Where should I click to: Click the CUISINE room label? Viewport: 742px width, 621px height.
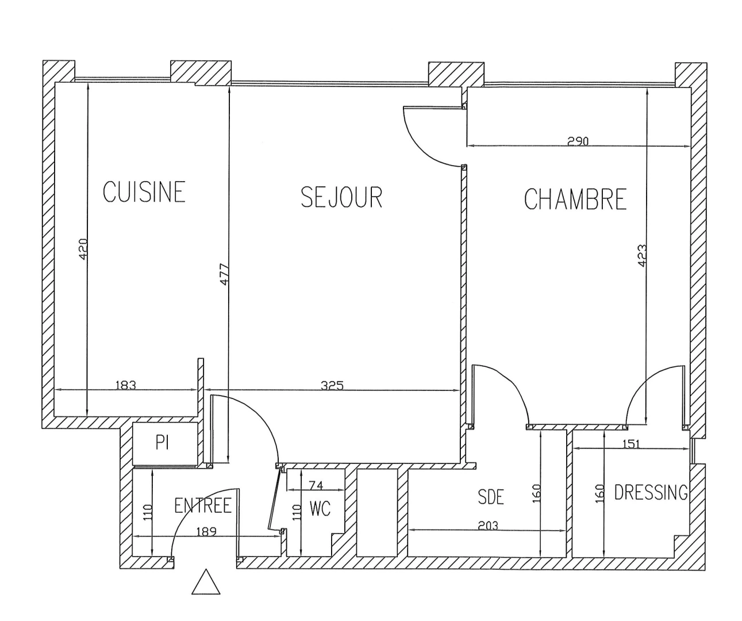144,191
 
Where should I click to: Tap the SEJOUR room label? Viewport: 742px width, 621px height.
341,197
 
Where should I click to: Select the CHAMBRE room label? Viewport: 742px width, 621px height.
575,200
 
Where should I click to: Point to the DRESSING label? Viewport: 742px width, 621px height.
651,493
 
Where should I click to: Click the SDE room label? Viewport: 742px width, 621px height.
490,497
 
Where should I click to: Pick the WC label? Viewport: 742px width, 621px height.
320,509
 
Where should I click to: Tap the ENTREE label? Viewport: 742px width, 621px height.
202,506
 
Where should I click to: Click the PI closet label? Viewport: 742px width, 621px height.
162,443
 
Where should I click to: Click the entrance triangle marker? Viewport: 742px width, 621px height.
206,582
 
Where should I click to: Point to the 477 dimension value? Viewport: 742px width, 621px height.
224,274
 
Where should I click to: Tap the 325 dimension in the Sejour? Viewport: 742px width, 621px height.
332,385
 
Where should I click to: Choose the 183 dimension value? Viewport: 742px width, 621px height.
125,385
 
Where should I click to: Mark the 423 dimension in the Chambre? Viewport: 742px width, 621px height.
642,255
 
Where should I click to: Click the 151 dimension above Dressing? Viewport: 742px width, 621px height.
630,444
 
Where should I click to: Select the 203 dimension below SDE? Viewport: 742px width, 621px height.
488,526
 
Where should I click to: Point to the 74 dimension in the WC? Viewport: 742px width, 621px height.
316,485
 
